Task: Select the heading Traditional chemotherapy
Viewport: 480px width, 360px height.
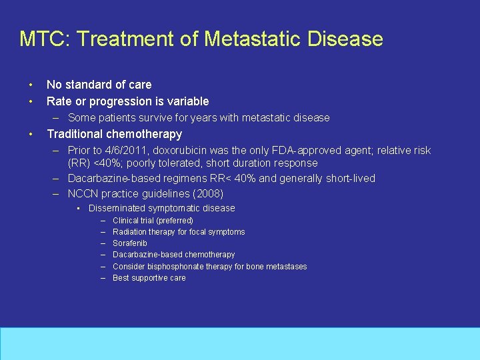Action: tap(114, 134)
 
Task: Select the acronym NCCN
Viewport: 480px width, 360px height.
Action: tap(83, 194)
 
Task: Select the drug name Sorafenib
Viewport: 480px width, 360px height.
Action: tap(130, 243)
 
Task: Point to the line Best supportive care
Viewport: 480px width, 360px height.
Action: tap(149, 278)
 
